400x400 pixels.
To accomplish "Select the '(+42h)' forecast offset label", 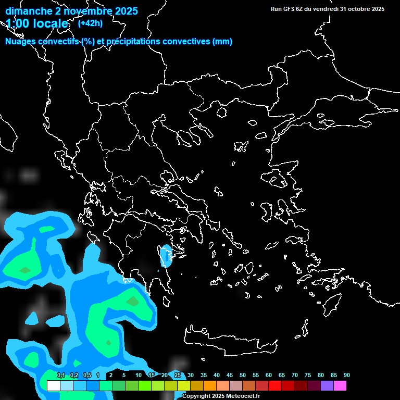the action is click(x=91, y=23).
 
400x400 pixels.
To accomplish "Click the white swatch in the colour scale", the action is click(x=53, y=386).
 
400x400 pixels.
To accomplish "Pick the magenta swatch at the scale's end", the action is click(x=340, y=386).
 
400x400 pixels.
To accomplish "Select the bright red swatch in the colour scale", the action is click(x=274, y=386).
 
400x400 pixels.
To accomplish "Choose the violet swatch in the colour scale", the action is click(x=327, y=386).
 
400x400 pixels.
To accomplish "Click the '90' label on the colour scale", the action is click(x=346, y=376).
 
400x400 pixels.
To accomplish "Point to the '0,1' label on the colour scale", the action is click(x=61, y=376).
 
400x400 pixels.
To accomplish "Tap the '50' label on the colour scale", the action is click(x=243, y=376).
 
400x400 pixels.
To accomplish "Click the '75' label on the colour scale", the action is click(x=308, y=376).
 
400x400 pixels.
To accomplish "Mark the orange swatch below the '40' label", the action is click(x=209, y=386).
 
